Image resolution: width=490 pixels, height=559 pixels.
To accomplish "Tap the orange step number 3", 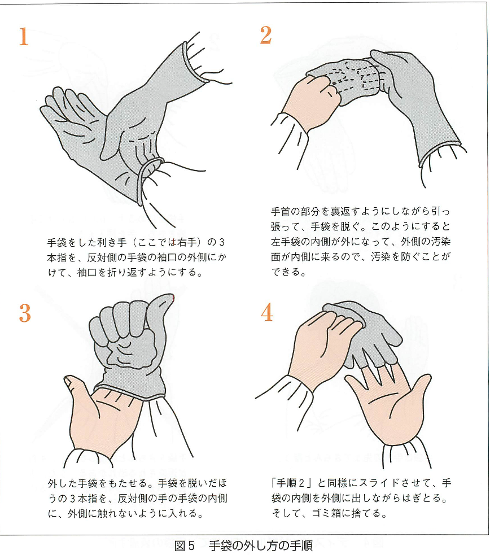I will (24, 313).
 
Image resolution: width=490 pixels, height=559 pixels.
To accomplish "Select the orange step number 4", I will (267, 312).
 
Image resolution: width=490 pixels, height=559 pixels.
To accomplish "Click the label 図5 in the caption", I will (185, 546).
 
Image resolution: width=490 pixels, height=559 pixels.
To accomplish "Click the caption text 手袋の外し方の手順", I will (260, 546).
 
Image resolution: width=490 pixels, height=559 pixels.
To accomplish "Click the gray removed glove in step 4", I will (361, 333).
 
